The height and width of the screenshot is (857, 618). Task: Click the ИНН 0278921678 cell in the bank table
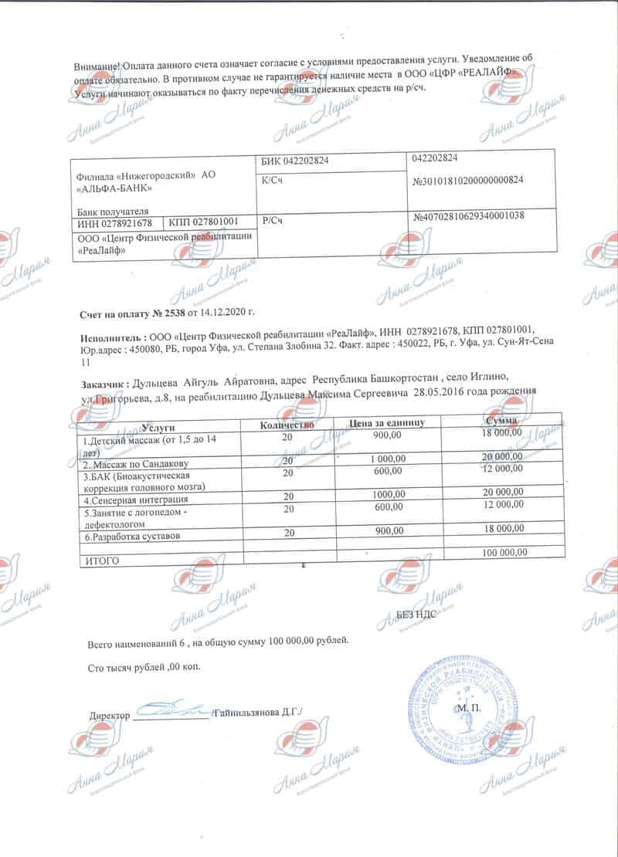point(116,222)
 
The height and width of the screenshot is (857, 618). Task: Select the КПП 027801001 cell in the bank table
point(207,222)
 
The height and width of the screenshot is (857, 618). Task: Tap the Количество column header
point(287,425)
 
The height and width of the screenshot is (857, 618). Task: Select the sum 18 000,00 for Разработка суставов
point(502,529)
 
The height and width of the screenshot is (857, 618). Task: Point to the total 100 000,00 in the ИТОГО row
point(504,553)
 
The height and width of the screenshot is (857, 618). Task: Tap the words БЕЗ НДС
point(418,614)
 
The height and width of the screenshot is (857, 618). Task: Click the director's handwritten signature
point(172,707)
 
